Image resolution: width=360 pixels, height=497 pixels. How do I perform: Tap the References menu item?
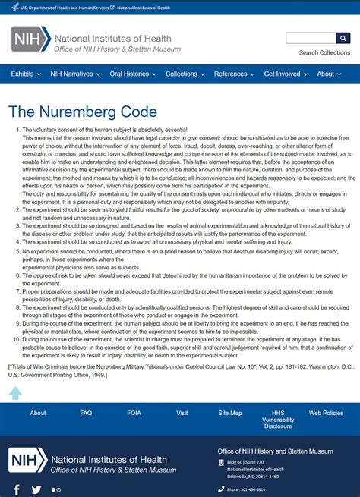(x=233, y=74)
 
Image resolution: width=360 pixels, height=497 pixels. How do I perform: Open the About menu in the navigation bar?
(x=329, y=74)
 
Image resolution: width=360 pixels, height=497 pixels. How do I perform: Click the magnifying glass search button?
(x=343, y=38)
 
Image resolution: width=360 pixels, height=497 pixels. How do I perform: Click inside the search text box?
(x=311, y=38)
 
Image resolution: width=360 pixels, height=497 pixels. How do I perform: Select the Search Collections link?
(x=324, y=53)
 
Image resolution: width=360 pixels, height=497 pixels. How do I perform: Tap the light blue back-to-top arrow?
(x=15, y=392)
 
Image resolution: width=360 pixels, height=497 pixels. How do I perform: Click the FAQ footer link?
(x=86, y=414)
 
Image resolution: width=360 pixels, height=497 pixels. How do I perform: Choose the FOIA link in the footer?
(x=134, y=414)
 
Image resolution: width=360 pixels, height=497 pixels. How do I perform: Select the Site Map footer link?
(x=230, y=414)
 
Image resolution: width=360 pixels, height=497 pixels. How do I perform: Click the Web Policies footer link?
(x=326, y=414)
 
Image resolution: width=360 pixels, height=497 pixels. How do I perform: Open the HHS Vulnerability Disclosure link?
(x=278, y=420)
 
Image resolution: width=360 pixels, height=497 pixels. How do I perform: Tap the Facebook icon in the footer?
(x=17, y=489)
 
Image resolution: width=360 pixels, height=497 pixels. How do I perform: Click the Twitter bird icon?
(x=36, y=489)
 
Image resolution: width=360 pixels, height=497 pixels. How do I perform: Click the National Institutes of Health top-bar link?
(x=144, y=8)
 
